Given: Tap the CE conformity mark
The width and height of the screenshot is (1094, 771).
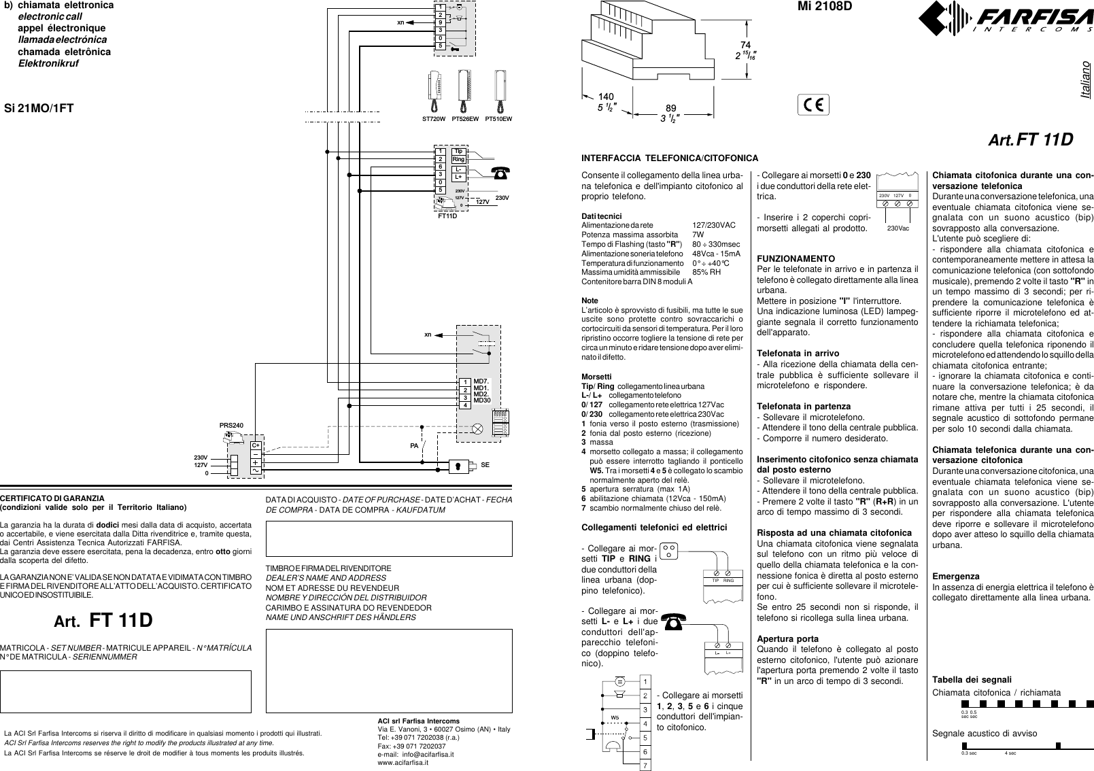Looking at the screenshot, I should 813,105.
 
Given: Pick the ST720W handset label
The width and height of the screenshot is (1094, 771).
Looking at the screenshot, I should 434,119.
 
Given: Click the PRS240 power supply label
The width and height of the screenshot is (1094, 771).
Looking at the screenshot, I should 231,426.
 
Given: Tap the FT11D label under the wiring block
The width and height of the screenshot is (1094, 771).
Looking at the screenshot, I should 447,216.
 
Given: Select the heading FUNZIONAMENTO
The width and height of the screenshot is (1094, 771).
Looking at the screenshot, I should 796,259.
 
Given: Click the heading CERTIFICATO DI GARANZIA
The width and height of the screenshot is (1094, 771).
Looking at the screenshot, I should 52,498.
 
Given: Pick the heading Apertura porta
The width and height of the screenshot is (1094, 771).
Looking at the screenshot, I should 787,639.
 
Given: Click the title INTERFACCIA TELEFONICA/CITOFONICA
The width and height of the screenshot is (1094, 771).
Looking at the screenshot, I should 670,158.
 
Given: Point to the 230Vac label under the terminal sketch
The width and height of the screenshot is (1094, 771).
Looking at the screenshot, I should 898,228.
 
